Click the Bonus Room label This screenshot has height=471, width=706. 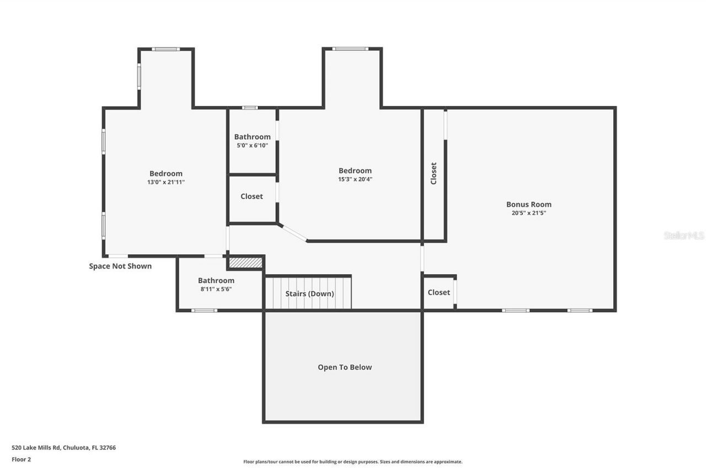coord(528,204)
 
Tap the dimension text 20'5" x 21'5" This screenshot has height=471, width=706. coord(528,213)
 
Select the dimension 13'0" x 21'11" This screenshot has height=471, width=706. coord(165,182)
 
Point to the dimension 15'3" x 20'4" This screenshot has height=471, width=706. coord(355,179)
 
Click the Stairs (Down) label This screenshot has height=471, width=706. coord(309,293)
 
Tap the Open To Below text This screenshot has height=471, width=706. coord(344,367)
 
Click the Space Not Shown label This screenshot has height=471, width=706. coord(120,266)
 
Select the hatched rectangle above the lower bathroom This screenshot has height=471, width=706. coord(245,263)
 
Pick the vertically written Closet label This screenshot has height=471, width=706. coord(434,173)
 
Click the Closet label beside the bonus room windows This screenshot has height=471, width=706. coord(438,292)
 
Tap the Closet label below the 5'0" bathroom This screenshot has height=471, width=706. coord(252,196)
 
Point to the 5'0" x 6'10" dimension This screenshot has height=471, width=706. coord(252,146)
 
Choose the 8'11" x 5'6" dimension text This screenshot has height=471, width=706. coord(216,289)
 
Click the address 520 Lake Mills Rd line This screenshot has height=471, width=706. coord(63,448)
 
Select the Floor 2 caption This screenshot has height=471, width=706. coord(22,459)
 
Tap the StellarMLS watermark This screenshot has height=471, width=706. coord(683,235)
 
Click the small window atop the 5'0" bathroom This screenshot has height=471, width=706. coord(250,108)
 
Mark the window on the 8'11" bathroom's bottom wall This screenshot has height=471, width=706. coord(204,311)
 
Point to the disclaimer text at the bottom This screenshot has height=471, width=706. coord(352,462)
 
